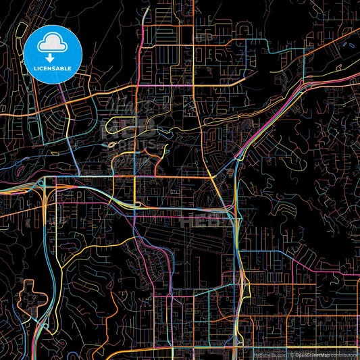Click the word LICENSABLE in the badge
point(53,68)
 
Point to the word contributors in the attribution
point(344,354)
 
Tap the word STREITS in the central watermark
point(138,145)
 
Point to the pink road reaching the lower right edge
point(338,275)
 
